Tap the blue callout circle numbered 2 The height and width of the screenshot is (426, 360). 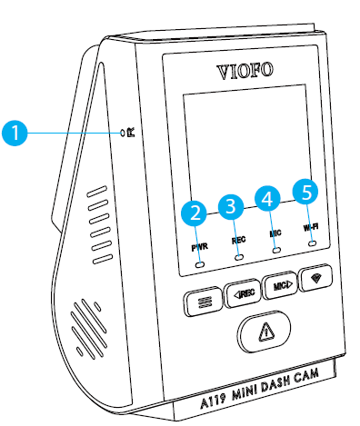(x=192, y=214)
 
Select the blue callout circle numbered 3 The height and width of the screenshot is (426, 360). (x=232, y=205)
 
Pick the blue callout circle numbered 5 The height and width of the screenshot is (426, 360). (x=306, y=191)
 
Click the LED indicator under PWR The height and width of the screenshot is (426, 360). (x=200, y=263)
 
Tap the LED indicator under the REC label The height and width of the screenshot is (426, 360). (x=240, y=258)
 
